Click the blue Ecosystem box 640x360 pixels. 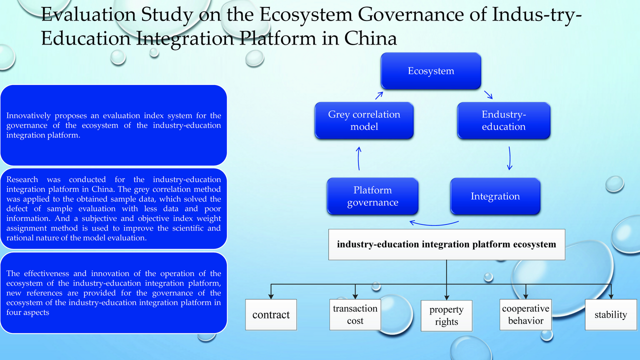tap(430, 71)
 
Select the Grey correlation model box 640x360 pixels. tap(364, 120)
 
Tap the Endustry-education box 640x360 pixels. tap(503, 120)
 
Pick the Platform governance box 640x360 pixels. tap(372, 196)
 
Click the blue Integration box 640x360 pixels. tap(495, 196)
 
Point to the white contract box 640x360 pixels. tap(271, 314)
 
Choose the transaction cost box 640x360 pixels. tap(355, 314)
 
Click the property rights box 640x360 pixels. tap(446, 316)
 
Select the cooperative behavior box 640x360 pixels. tap(525, 314)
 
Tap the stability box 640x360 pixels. tap(610, 314)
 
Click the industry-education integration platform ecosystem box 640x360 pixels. tap(446, 244)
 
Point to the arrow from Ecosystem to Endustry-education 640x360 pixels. tap(488, 95)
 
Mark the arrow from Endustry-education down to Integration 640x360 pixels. tap(509, 158)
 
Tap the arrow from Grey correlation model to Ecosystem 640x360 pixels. tap(379, 95)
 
